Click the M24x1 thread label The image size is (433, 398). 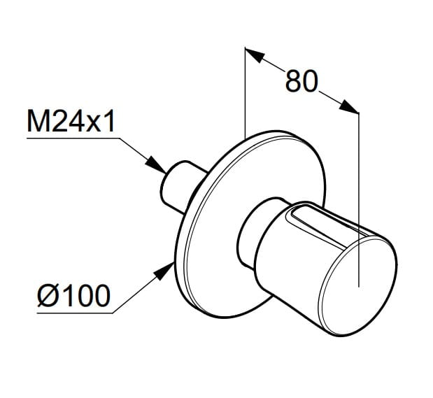(x=71, y=121)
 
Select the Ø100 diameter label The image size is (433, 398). (x=73, y=295)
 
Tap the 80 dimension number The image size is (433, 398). (x=301, y=81)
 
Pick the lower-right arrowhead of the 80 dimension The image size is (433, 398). (x=349, y=106)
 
